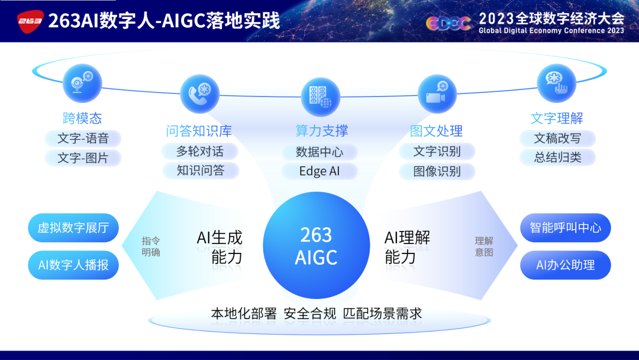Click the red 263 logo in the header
coord(30,21)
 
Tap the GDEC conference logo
coord(448,24)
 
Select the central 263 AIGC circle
coord(316,246)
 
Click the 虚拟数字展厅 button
coord(73,227)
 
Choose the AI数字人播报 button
coord(73,265)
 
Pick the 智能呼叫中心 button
coord(565,227)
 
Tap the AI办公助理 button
coord(565,265)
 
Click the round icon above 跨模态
coord(82,83)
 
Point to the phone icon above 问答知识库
coord(200,94)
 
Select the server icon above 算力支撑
coord(320,97)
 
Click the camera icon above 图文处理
coord(437,94)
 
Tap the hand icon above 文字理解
coord(556,83)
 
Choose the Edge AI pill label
coord(319,171)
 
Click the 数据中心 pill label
coord(319,152)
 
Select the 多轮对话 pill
coord(200,151)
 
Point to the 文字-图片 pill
coord(83,157)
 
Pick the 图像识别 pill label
coord(437,171)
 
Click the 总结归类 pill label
coord(557,157)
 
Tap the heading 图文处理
coord(436,131)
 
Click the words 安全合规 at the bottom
coord(309,314)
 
